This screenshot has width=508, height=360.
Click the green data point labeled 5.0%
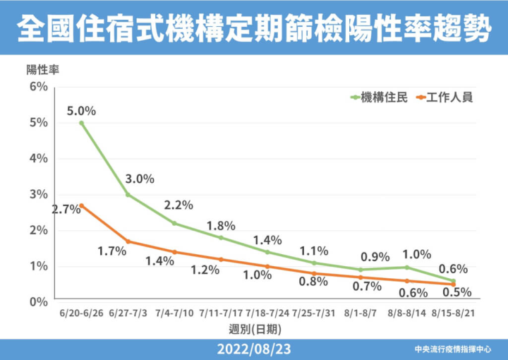(82, 123)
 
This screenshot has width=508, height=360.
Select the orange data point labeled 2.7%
(82, 205)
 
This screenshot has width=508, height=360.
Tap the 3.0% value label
(139, 179)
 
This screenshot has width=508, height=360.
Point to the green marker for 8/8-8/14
(407, 267)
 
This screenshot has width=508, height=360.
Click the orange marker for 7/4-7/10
(174, 252)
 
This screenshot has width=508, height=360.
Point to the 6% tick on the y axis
(38, 87)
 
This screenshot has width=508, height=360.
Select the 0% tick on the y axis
(38, 302)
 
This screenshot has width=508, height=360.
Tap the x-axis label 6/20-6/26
(82, 312)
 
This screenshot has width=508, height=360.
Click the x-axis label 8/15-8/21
(453, 312)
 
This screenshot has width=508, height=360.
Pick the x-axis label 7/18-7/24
(267, 312)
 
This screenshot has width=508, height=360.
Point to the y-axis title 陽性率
(42, 70)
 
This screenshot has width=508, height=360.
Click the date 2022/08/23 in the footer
(253, 349)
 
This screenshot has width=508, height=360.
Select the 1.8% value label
(221, 226)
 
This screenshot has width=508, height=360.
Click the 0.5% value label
(459, 292)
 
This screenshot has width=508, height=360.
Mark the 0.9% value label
(375, 257)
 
